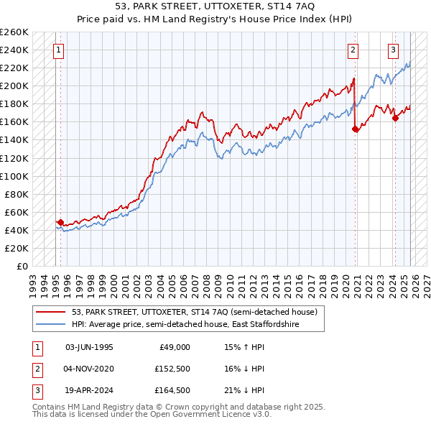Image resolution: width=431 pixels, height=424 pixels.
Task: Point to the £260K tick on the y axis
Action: (15, 32)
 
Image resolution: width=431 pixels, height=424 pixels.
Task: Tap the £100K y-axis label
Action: (15, 176)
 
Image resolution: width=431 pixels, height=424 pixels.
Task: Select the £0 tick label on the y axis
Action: (22, 266)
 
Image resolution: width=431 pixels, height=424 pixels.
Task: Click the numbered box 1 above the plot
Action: (57, 50)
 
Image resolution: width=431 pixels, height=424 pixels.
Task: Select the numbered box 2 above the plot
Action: (353, 50)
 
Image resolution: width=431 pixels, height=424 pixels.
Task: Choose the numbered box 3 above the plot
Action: (394, 50)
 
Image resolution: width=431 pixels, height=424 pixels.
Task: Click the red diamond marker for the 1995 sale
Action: (60, 223)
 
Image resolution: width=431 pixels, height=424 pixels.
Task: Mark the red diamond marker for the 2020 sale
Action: (355, 129)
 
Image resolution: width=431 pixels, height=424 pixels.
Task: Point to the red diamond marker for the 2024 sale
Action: (395, 119)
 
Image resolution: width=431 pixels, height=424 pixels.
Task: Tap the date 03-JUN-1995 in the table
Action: (89, 347)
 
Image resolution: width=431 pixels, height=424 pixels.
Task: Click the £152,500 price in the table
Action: (171, 369)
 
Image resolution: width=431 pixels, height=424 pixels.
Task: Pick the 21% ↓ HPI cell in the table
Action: (244, 392)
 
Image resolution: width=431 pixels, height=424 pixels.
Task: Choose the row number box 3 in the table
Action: (36, 392)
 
